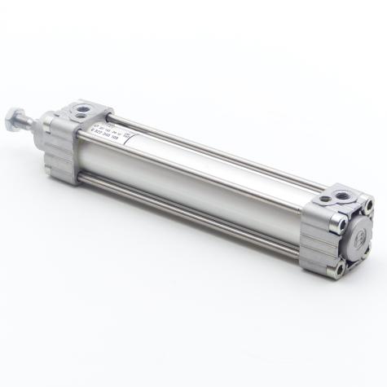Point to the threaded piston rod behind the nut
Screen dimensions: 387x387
click(29, 123)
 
